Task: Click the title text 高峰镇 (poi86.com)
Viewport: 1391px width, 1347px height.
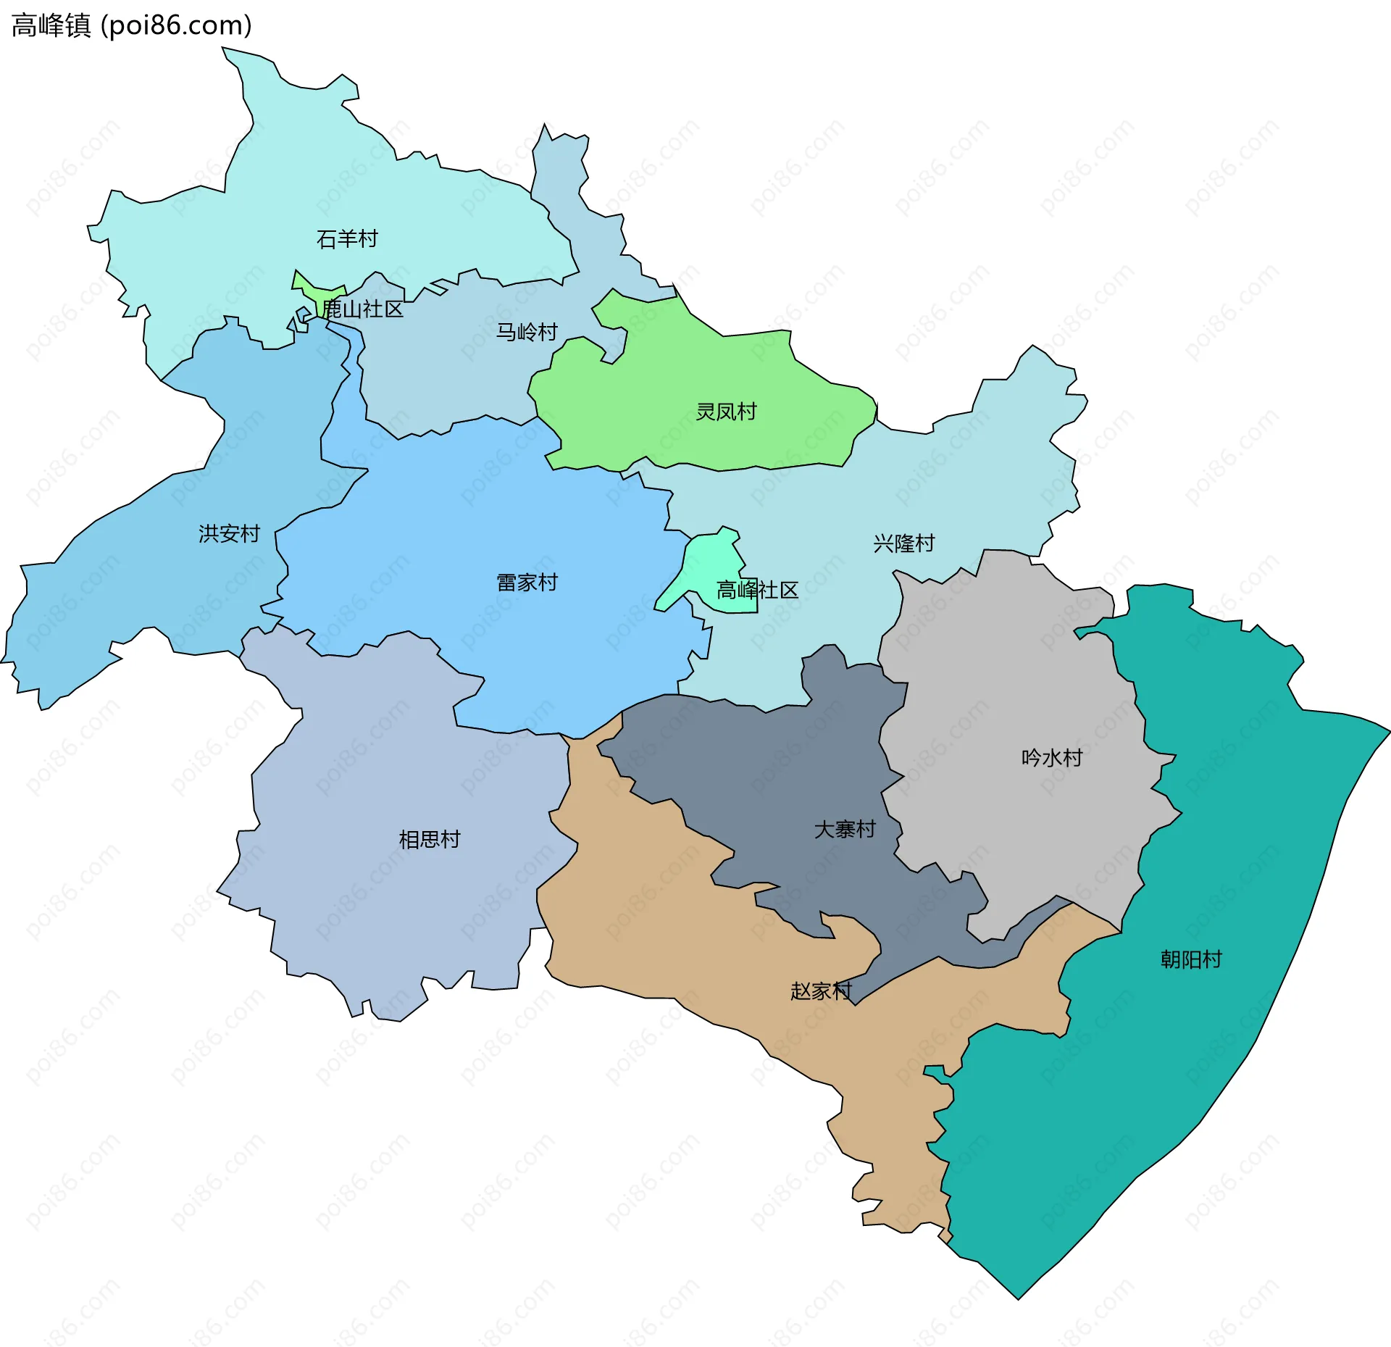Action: (x=132, y=25)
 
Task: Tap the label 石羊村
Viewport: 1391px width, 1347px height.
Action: (x=347, y=238)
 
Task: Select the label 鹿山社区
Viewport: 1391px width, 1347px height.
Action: (x=363, y=309)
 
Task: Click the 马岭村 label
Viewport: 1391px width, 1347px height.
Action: (x=527, y=332)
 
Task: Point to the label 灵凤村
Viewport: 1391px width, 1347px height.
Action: (x=726, y=412)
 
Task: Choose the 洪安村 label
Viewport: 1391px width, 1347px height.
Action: (x=229, y=534)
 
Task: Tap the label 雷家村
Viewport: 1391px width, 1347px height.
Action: (x=527, y=583)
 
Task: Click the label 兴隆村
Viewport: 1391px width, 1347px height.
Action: (x=903, y=543)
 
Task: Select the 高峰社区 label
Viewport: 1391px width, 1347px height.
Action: (x=757, y=591)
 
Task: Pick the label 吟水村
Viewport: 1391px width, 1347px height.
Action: (x=1052, y=758)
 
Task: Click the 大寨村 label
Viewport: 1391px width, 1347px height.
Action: (x=845, y=829)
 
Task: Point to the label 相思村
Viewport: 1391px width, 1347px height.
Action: (x=430, y=839)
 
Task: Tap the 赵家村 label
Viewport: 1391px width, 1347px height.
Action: (x=821, y=991)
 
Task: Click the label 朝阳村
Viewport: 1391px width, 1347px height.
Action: (x=1191, y=959)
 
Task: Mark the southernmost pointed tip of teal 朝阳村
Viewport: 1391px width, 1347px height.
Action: (x=1018, y=1298)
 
